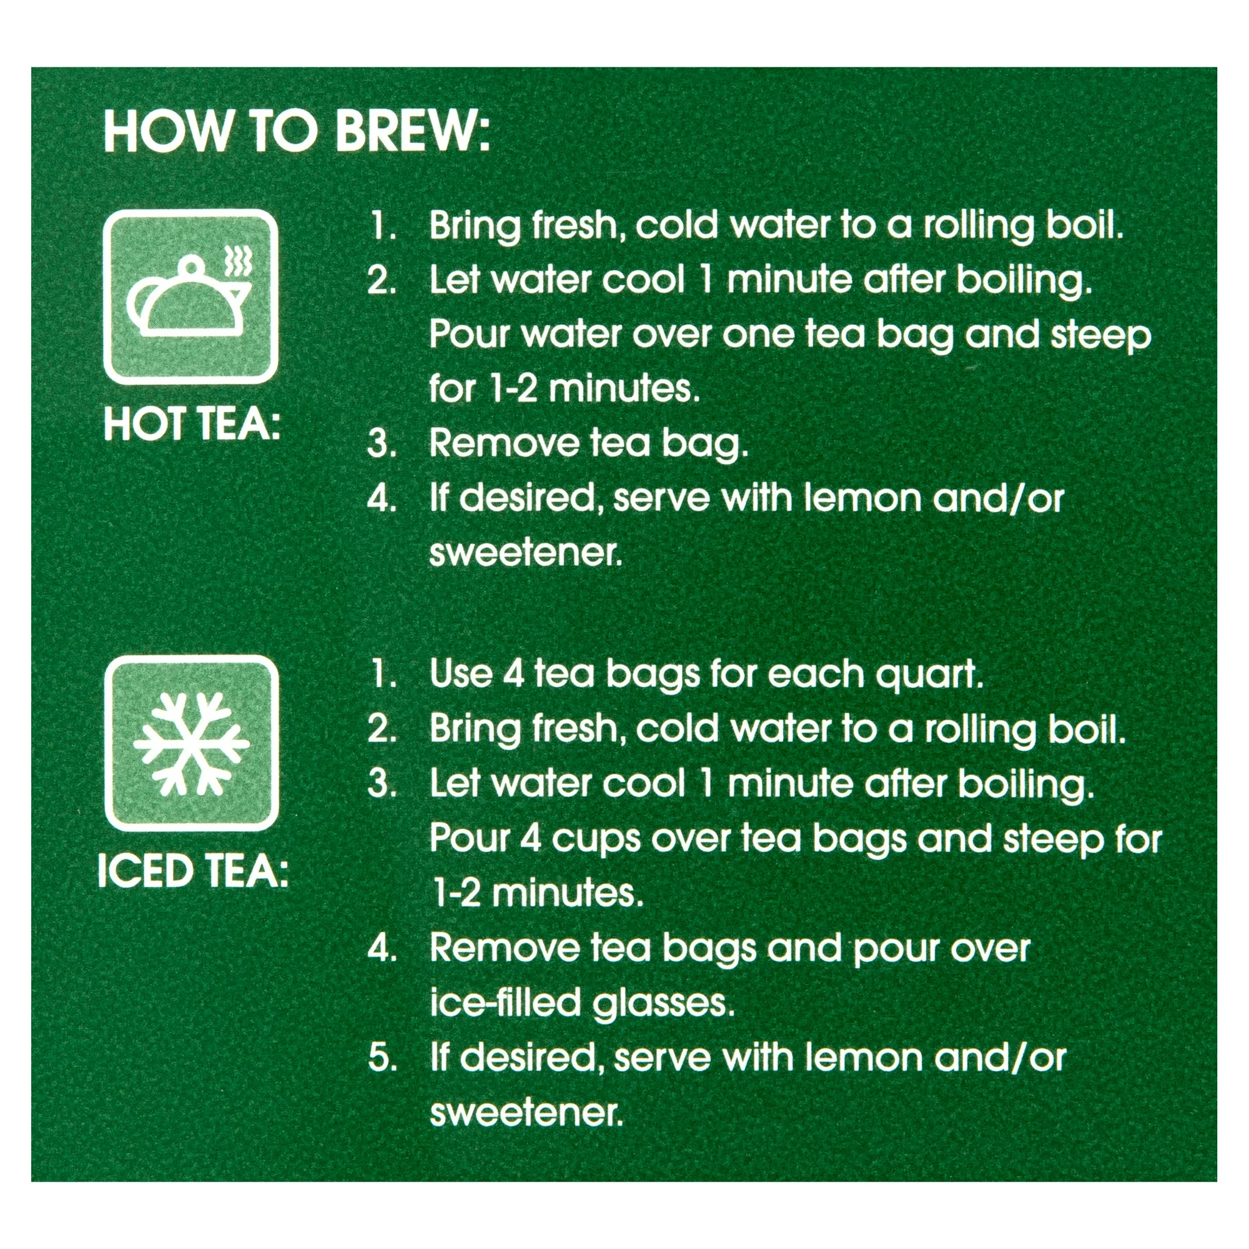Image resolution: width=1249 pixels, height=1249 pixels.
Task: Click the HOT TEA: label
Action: pos(192,425)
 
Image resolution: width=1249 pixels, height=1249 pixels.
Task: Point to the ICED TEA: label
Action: pos(192,872)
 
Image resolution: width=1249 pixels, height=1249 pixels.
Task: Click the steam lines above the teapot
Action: pos(238,260)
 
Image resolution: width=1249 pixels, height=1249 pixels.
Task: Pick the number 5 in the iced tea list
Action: pos(381,1059)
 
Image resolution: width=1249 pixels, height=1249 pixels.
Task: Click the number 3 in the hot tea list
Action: pos(381,444)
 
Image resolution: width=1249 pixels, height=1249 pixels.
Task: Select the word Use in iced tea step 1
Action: pos(461,674)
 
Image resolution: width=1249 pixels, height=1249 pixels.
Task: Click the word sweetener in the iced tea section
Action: pos(526,1113)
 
